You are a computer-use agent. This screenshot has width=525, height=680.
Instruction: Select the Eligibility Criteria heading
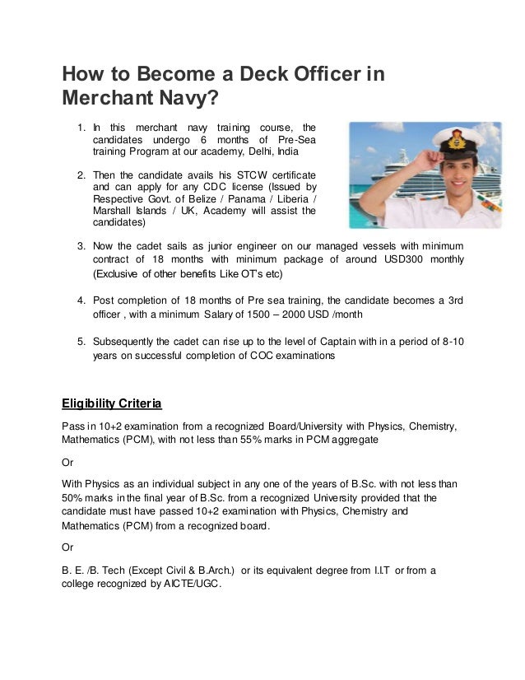[112, 403]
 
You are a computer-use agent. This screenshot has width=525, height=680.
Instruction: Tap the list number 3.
[81, 246]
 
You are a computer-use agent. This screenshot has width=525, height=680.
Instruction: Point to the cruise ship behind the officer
[374, 185]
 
